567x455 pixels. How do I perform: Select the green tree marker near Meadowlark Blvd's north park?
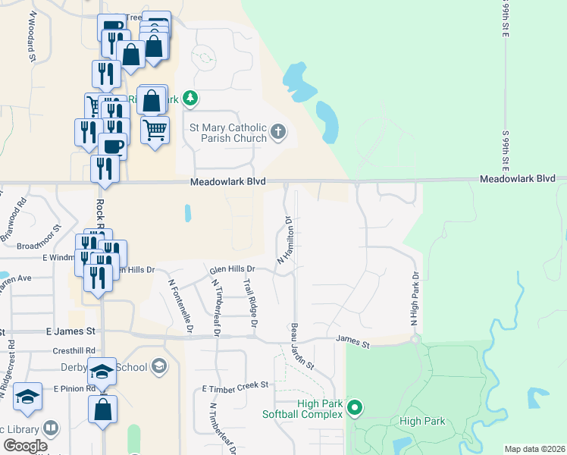(x=190, y=99)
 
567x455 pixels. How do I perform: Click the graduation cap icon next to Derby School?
(x=158, y=367)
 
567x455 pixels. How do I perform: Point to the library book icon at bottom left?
(x=51, y=428)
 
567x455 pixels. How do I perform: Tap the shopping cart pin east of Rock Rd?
(x=155, y=130)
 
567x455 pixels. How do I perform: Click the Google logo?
(x=26, y=446)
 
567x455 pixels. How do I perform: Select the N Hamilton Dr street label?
(x=285, y=240)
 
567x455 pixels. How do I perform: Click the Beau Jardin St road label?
(x=302, y=348)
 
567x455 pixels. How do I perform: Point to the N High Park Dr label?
(x=415, y=300)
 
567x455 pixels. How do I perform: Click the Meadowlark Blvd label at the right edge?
(x=522, y=179)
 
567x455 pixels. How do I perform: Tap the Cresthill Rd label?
(x=74, y=350)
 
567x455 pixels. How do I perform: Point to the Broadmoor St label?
(x=38, y=245)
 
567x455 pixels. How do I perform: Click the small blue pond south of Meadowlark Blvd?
(x=187, y=214)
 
